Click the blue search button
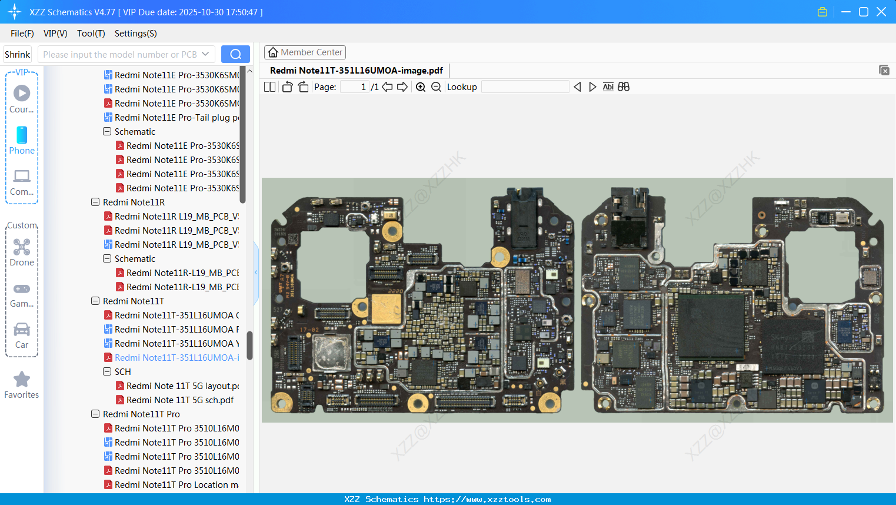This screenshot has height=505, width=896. point(235,54)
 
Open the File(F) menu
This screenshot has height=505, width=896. point(22,34)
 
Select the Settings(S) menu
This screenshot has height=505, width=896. point(135,34)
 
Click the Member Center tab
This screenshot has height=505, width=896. point(305,52)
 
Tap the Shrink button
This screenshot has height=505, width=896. point(17,54)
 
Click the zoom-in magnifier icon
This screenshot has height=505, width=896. point(421,87)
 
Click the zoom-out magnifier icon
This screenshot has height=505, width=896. point(436,87)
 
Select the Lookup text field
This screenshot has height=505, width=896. point(525,87)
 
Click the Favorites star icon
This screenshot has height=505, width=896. point(22,380)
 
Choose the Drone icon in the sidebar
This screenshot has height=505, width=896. point(22,247)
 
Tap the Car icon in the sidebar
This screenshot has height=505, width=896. point(22,330)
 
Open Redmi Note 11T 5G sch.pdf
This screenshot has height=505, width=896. point(180,400)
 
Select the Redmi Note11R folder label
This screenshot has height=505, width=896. point(134,202)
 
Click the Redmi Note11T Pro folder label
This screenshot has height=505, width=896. point(141,414)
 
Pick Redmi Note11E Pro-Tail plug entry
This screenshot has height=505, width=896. point(176,118)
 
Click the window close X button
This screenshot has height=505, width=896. point(881,12)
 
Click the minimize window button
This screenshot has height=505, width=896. point(846,12)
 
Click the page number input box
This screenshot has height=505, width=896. point(355,87)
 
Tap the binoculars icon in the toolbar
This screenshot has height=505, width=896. point(624,87)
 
